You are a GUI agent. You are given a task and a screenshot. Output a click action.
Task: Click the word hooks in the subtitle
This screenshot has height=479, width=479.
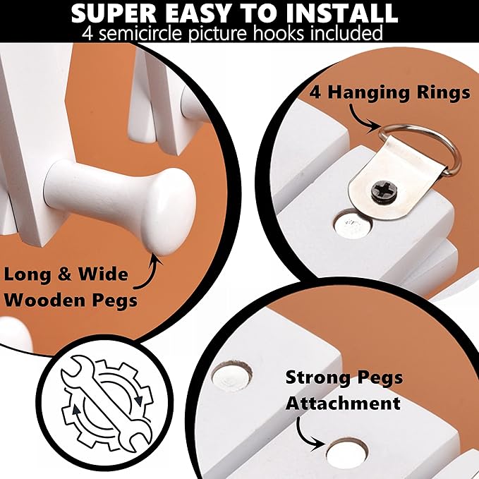point(278,33)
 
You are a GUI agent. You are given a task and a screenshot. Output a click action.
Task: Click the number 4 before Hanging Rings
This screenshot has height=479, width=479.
point(315,92)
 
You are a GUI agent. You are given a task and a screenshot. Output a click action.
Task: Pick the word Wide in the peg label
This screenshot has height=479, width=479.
point(103,274)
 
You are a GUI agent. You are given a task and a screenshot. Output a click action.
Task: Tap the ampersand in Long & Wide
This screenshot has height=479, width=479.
point(64,274)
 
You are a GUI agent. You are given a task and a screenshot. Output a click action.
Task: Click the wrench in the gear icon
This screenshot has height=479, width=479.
point(107,404)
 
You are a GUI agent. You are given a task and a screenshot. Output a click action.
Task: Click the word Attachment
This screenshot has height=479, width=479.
point(343,404)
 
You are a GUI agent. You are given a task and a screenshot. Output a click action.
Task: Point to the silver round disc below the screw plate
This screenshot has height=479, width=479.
point(353,225)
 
